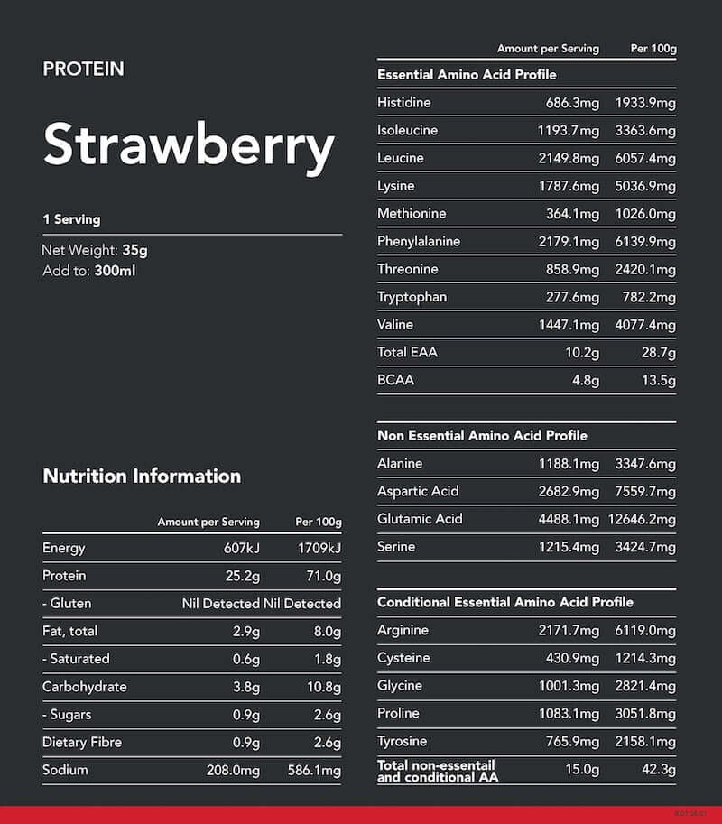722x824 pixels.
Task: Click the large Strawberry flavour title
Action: (189, 144)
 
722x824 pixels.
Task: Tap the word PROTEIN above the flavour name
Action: (83, 69)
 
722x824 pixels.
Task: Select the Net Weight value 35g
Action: (134, 251)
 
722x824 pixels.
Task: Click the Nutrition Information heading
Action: (142, 476)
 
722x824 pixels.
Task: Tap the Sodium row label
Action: (65, 770)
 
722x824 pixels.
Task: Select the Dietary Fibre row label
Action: (82, 742)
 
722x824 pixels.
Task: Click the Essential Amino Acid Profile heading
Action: (467, 75)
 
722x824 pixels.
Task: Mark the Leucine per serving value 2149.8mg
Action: (569, 158)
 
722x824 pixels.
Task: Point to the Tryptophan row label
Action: (412, 297)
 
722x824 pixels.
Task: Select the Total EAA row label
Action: (407, 352)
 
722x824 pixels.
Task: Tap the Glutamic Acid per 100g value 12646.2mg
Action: (642, 519)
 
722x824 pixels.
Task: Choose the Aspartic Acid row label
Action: (418, 491)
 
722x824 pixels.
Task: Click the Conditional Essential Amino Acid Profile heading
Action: (505, 602)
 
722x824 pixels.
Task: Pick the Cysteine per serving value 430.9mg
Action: (573, 658)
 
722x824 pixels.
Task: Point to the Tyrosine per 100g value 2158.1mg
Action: (645, 742)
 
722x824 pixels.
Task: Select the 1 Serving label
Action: (71, 219)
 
